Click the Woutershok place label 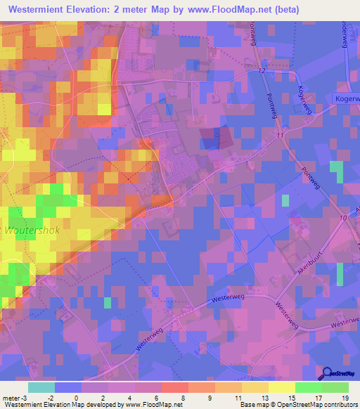pyautogui.click(x=33, y=231)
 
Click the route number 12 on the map pyautogui.click(x=262, y=72)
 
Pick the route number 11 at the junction pyautogui.click(x=281, y=134)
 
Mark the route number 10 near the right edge pyautogui.click(x=342, y=219)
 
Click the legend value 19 pyautogui.click(x=345, y=398)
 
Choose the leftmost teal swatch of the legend pyautogui.click(x=41, y=387)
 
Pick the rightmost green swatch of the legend pyautogui.click(x=335, y=387)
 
